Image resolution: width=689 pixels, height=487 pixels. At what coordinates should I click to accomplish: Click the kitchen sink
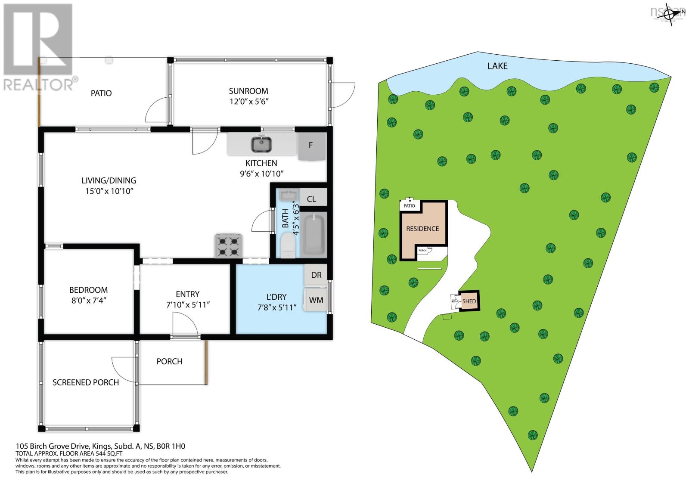tap(261, 144)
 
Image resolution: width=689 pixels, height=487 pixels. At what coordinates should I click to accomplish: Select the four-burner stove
tap(229, 245)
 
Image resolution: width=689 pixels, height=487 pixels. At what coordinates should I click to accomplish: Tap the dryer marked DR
tap(316, 275)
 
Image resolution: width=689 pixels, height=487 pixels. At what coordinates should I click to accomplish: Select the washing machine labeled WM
tap(316, 300)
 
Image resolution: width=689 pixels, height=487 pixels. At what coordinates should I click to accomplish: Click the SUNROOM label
tap(248, 91)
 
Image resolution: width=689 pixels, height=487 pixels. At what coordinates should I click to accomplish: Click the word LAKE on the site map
tap(497, 66)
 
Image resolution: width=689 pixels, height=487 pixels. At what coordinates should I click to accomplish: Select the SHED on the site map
tap(469, 301)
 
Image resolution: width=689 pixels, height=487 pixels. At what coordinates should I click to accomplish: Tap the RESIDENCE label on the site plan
tap(422, 229)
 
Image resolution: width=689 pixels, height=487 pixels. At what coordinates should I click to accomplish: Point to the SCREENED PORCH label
tap(86, 382)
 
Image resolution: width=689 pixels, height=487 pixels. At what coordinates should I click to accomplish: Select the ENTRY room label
tap(187, 294)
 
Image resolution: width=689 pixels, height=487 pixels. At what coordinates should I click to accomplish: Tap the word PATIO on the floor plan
tap(101, 93)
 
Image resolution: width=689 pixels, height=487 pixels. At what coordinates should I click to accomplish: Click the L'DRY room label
tap(276, 297)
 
